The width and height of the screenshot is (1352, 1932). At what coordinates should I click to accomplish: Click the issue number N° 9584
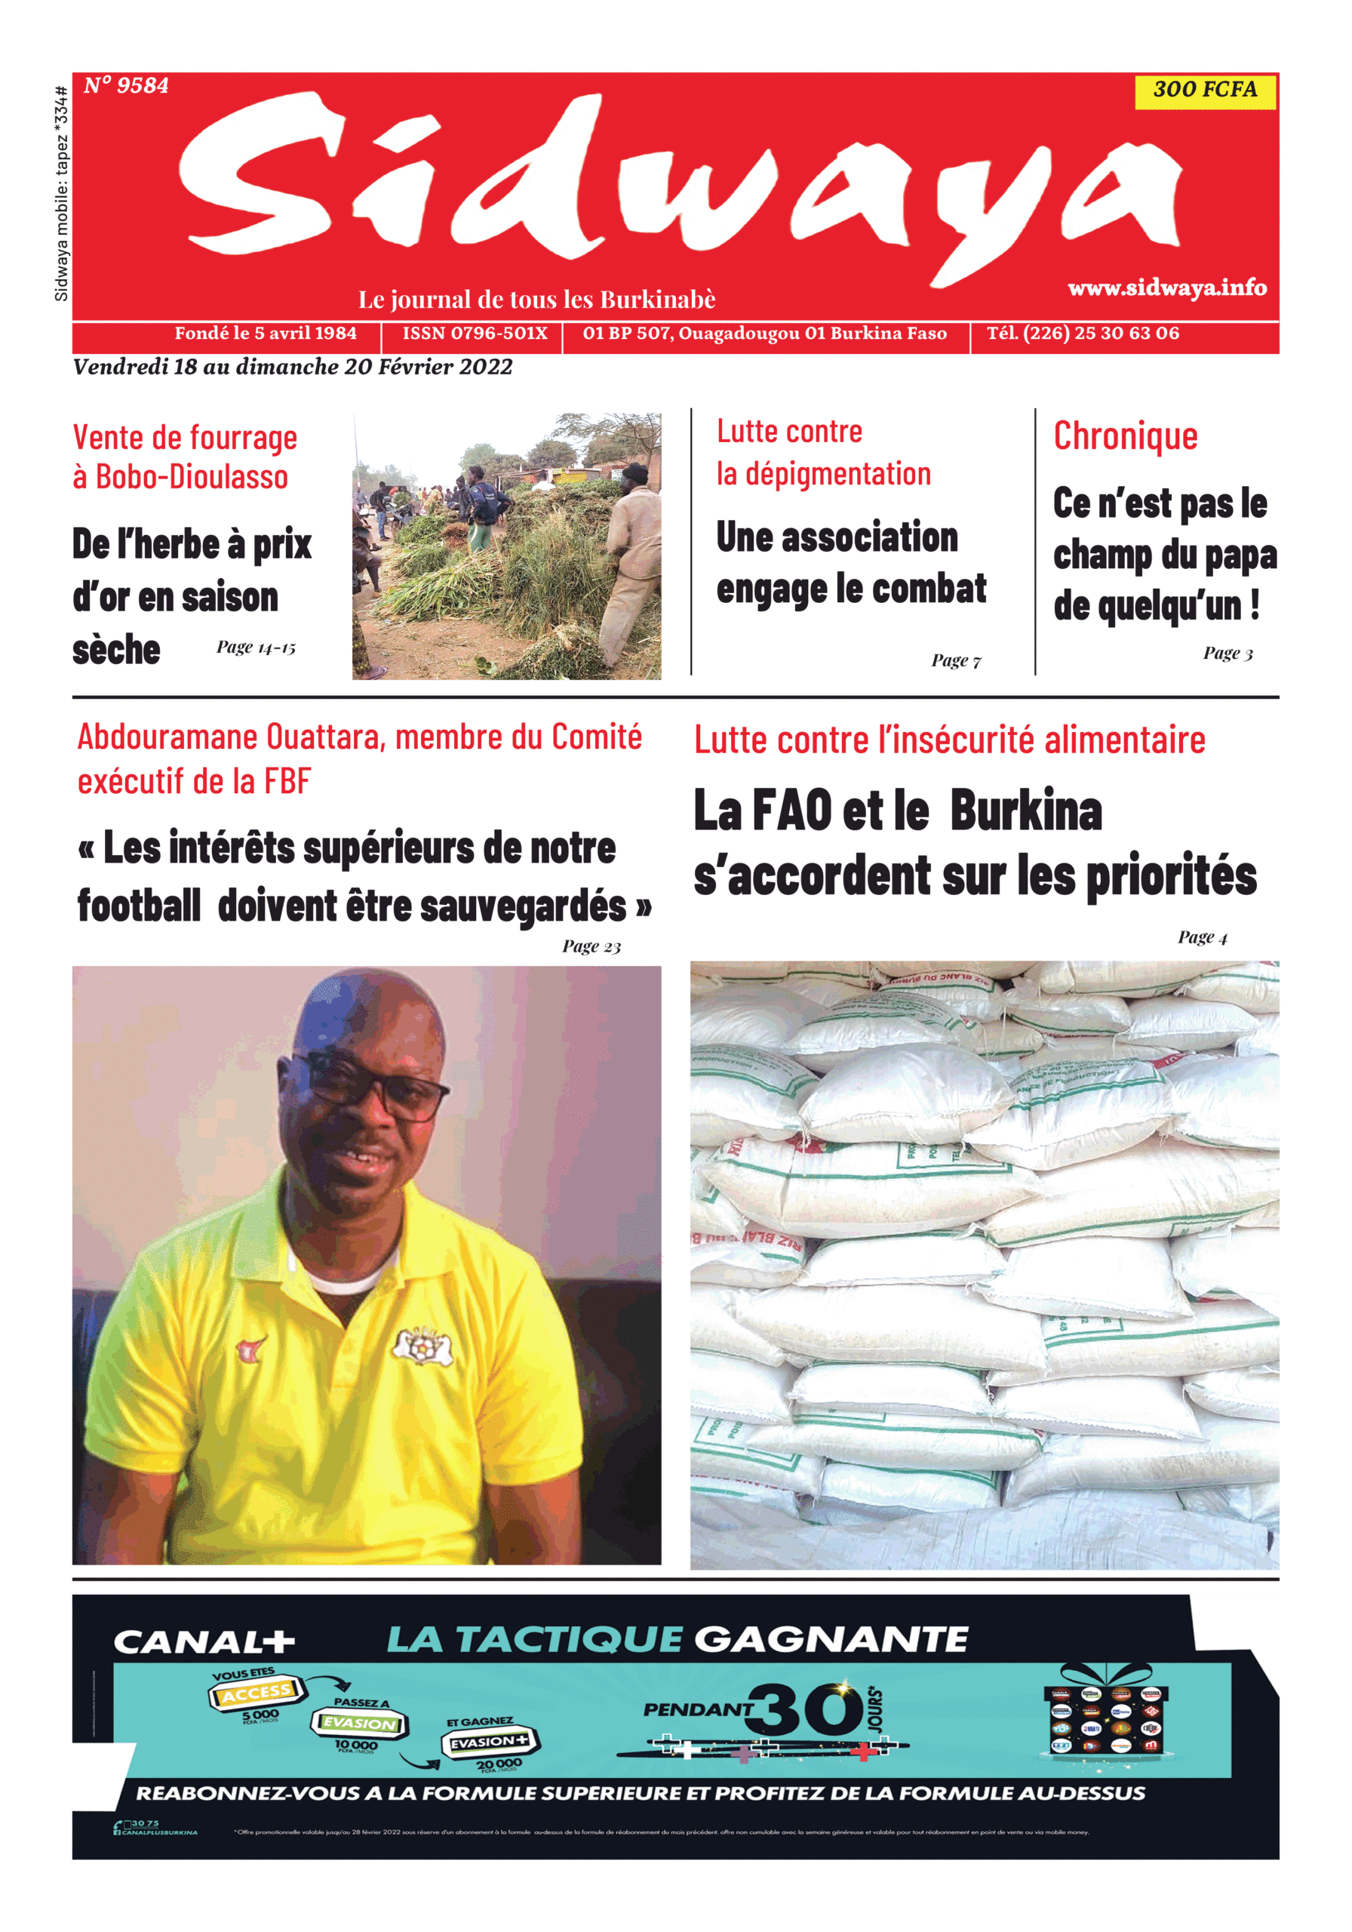click(x=126, y=86)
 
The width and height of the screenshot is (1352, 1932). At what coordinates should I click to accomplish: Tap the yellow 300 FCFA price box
click(x=1204, y=90)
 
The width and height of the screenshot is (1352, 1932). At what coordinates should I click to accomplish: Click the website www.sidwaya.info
click(x=1166, y=288)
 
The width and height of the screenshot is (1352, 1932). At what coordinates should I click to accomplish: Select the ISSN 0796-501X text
click(x=475, y=334)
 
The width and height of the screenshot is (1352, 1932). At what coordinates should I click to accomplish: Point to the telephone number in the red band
click(x=1082, y=334)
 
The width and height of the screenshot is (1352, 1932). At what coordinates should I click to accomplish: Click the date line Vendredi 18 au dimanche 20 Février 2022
click(x=293, y=367)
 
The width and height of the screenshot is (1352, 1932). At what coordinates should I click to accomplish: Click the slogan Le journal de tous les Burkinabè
click(x=536, y=300)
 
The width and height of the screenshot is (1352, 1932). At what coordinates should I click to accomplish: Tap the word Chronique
click(x=1125, y=436)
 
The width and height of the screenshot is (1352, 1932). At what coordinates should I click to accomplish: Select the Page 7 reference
click(x=955, y=660)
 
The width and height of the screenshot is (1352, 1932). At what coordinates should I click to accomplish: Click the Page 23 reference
click(x=591, y=946)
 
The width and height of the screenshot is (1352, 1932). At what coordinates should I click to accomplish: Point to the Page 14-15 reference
click(x=256, y=647)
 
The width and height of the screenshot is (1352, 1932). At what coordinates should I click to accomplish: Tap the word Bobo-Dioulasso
click(x=192, y=477)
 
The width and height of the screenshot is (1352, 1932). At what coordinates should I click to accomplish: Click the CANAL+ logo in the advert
click(x=204, y=1641)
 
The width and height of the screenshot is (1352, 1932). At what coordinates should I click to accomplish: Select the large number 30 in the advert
click(x=808, y=1709)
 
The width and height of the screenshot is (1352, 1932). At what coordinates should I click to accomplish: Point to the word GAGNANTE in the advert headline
click(x=831, y=1639)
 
